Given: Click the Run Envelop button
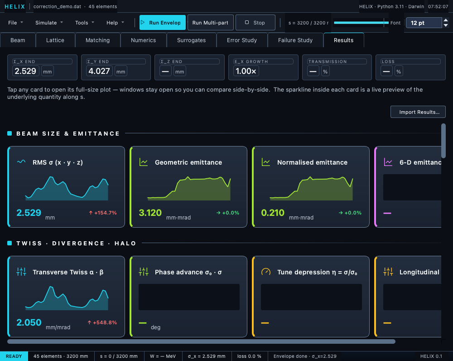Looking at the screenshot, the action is pos(163,23).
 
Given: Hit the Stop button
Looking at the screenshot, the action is pos(255,23).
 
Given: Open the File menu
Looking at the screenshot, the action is pos(15,23).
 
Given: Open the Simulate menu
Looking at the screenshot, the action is pos(49,23).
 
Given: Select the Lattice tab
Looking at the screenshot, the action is pos(55,40).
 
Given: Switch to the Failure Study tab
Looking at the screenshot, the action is pos(295,40).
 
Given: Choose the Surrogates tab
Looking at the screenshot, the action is pos(191,40).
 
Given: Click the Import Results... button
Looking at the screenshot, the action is pos(418,112).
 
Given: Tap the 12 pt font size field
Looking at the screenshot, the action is pos(424,23).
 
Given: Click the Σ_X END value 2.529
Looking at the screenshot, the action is pos(25,71).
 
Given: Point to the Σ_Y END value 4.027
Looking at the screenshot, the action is pos(99,71).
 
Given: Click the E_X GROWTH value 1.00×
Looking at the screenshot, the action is pos(246,71).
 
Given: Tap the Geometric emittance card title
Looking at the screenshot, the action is pos(188,162).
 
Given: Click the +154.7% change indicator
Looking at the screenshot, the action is pos(103,213).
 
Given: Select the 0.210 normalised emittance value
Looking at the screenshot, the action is pos(273,213).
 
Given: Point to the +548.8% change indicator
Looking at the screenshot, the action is pos(102,322).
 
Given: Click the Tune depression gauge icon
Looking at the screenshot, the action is pos(266,272).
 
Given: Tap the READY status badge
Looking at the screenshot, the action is pos(14,356).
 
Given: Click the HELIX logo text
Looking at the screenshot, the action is pos(15,6).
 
